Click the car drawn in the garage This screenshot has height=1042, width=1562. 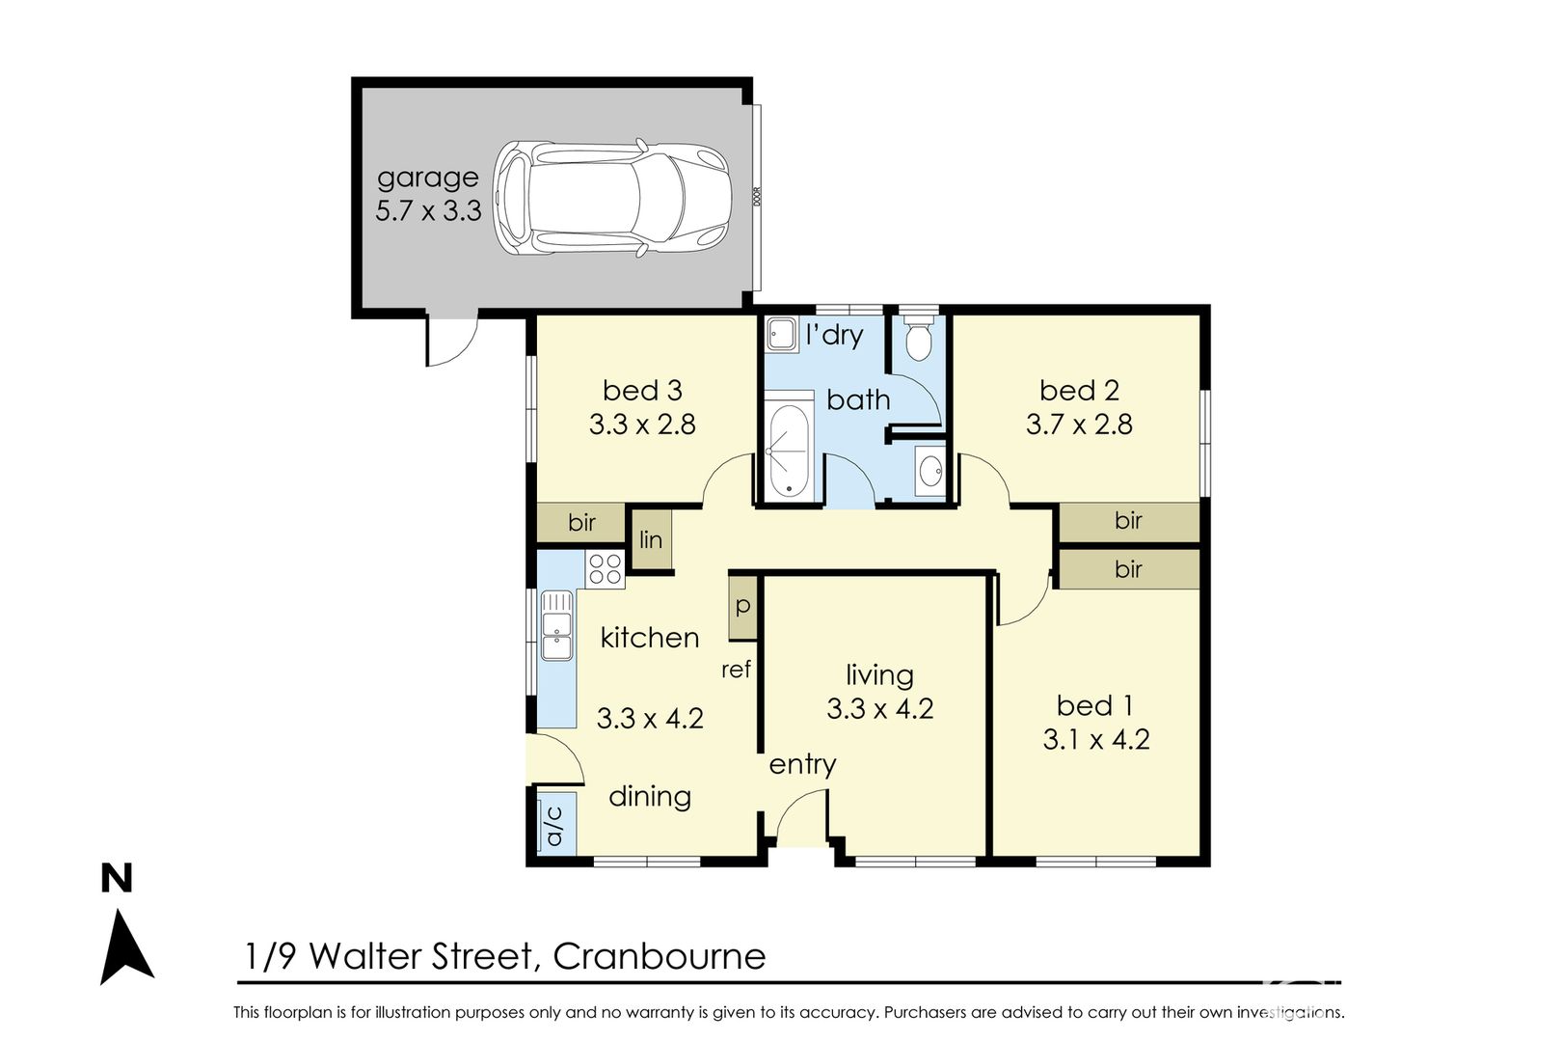612,199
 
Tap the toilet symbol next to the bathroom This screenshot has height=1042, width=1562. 918,337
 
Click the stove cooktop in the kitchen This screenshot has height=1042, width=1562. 605,568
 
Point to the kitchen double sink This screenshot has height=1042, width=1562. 556,625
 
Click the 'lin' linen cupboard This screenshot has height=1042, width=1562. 651,538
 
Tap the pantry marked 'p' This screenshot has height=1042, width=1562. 743,606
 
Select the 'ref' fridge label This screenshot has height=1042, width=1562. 736,670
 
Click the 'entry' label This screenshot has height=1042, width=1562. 802,765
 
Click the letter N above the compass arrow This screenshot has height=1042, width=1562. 117,879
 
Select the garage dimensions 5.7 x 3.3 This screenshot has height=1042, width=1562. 428,210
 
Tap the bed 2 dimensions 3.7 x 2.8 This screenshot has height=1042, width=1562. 1079,425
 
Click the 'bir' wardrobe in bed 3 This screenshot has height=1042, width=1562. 581,522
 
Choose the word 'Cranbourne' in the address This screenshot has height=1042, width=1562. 659,956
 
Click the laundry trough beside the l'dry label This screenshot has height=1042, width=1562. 783,334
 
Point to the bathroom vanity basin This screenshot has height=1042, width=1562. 930,471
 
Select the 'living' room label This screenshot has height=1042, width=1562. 879,675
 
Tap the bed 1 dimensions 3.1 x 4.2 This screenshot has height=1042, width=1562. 1095,739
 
